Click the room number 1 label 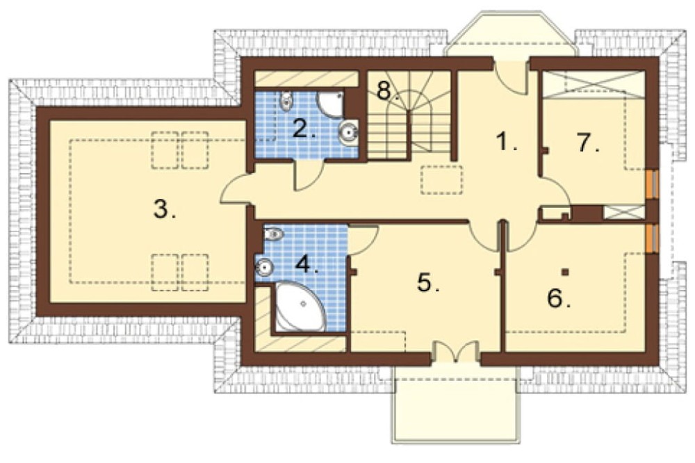point(506,142)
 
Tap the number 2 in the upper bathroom point(304,129)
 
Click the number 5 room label point(428,282)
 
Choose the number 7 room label point(589,143)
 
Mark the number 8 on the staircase point(387,91)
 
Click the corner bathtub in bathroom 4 point(300,307)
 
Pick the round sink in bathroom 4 point(265,268)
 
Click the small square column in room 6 point(564,271)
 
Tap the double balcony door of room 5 point(456,352)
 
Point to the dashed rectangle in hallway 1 point(442,180)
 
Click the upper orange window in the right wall point(652,184)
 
